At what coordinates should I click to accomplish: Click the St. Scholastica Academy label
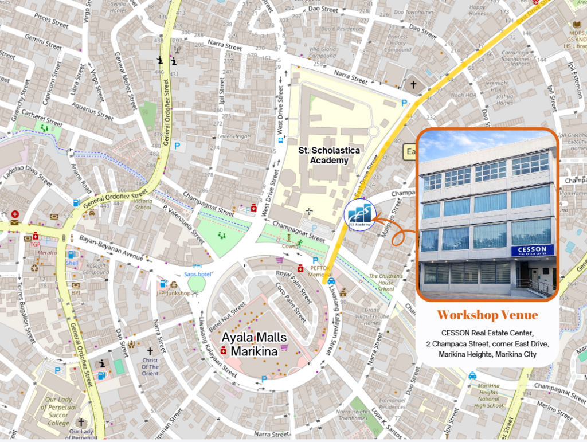328,155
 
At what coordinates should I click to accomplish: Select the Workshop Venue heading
487,315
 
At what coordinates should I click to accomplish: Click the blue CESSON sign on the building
532,251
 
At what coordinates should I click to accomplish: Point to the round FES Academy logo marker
359,216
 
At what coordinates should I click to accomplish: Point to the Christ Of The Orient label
150,366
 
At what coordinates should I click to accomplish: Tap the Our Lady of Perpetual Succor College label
58,411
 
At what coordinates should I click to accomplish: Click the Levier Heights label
234,136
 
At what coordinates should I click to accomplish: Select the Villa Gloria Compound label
322,53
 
